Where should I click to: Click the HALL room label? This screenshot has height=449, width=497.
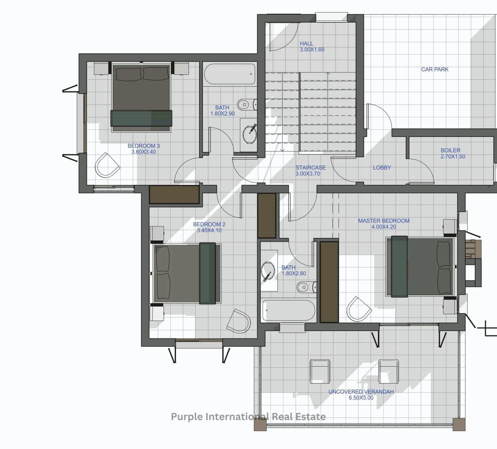click(306, 44)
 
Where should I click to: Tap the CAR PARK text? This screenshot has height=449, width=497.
click(435, 69)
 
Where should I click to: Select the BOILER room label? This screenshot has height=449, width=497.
click(450, 150)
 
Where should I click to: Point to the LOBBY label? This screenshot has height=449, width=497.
click(382, 167)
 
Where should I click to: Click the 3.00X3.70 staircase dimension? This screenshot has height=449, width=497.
click(308, 174)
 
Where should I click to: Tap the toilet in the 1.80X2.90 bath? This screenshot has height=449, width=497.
click(247, 104)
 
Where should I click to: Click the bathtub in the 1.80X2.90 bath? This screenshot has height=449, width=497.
click(229, 74)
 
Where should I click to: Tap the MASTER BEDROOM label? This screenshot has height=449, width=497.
click(384, 221)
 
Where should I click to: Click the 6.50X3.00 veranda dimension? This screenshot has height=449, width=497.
click(361, 398)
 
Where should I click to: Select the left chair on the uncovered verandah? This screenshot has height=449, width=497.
click(320, 371)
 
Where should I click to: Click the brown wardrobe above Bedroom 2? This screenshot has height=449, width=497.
click(174, 194)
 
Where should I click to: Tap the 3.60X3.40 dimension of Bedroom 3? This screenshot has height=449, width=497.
click(144, 152)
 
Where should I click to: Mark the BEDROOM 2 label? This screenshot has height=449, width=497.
click(209, 224)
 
